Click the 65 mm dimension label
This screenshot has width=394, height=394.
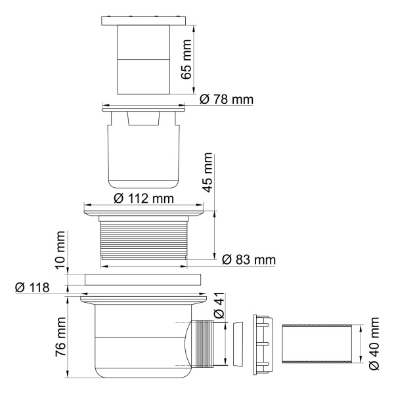point(188,58)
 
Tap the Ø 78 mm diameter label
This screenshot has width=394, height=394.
point(226,99)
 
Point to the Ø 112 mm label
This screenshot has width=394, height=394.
point(143,198)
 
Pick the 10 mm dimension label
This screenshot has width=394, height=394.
point(60,250)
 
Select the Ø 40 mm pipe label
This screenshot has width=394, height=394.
point(375,343)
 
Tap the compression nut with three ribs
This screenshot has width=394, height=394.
point(263,343)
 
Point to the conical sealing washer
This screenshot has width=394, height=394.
point(239,343)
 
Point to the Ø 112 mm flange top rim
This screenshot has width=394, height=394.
point(144,211)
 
